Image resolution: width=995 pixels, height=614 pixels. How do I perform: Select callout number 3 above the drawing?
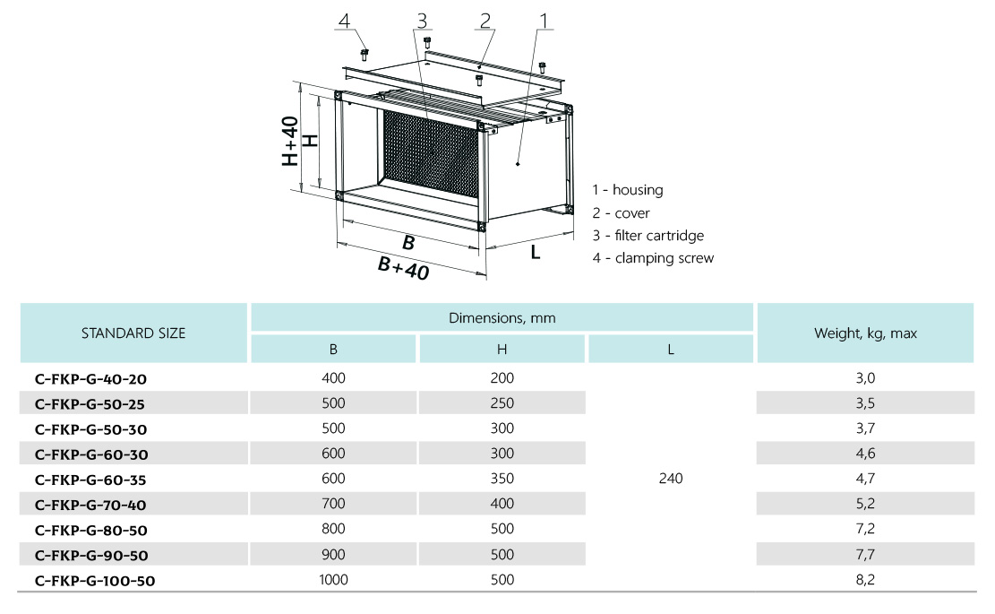pos(422,20)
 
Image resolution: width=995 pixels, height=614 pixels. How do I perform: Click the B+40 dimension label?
pos(403,268)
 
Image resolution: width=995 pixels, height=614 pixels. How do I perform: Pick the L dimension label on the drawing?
pos(536,252)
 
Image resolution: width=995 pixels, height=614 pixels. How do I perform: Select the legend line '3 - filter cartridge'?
pos(648,236)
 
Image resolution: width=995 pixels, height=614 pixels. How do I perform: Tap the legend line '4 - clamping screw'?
pos(653,258)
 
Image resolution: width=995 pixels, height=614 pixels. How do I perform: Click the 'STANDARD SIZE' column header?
pos(133,333)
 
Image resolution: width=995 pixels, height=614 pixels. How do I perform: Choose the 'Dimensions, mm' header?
pos(502,317)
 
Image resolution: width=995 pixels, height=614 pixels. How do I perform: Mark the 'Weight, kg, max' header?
pos(865,333)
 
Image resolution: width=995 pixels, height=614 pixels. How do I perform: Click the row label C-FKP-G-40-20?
pos(90,378)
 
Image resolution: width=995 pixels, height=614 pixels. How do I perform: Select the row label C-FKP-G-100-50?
pos(95,580)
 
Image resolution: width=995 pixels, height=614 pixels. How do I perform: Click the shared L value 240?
pos(670,479)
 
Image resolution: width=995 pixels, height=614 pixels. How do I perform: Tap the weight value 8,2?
pos(865,580)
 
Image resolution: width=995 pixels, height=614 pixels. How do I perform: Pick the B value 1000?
pos(333,580)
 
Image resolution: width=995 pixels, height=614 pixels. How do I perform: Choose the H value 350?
pos(502,479)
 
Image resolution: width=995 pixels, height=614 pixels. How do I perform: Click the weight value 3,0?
pos(865,378)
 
